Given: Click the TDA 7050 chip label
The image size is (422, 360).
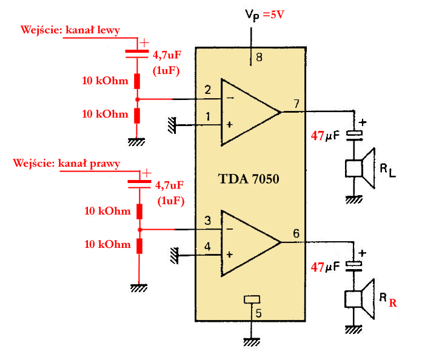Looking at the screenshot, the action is pos(249,179).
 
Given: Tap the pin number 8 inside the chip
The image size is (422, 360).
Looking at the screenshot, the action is pos(259,58).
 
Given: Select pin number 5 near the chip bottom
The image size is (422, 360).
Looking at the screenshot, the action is pos(258,313).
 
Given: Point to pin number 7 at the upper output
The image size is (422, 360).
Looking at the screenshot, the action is pos(296,104).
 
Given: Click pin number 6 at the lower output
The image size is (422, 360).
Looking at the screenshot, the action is pos(296,233).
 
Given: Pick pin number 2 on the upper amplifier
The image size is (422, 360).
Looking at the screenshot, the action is pos(207,90).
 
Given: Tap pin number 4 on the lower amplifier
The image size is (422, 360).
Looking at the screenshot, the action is pos(207,247).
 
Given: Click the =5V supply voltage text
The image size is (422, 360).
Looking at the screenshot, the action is pos(273,15).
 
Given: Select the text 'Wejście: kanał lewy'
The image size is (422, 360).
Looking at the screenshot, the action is pos(70,30).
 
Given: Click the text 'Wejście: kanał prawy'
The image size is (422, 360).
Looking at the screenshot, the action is pos(67,163).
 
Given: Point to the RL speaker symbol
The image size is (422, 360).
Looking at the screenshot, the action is pos(360,168).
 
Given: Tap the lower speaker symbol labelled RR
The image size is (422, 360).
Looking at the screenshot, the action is pos(360,299).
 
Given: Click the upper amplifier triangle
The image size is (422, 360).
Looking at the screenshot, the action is pos(250,112).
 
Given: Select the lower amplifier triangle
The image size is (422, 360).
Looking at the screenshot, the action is pos(250,243).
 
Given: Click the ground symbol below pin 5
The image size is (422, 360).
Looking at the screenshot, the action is pos(252,342).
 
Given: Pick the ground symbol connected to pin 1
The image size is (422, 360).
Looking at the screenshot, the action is pos(172,125).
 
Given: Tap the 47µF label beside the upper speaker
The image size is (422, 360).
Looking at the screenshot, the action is pos(325,136).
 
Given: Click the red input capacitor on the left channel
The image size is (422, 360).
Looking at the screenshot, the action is pos(137,54).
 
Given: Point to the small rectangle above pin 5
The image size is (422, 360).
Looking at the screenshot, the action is pos(252,299).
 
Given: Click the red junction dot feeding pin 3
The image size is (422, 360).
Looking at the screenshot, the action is pos(139,230).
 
